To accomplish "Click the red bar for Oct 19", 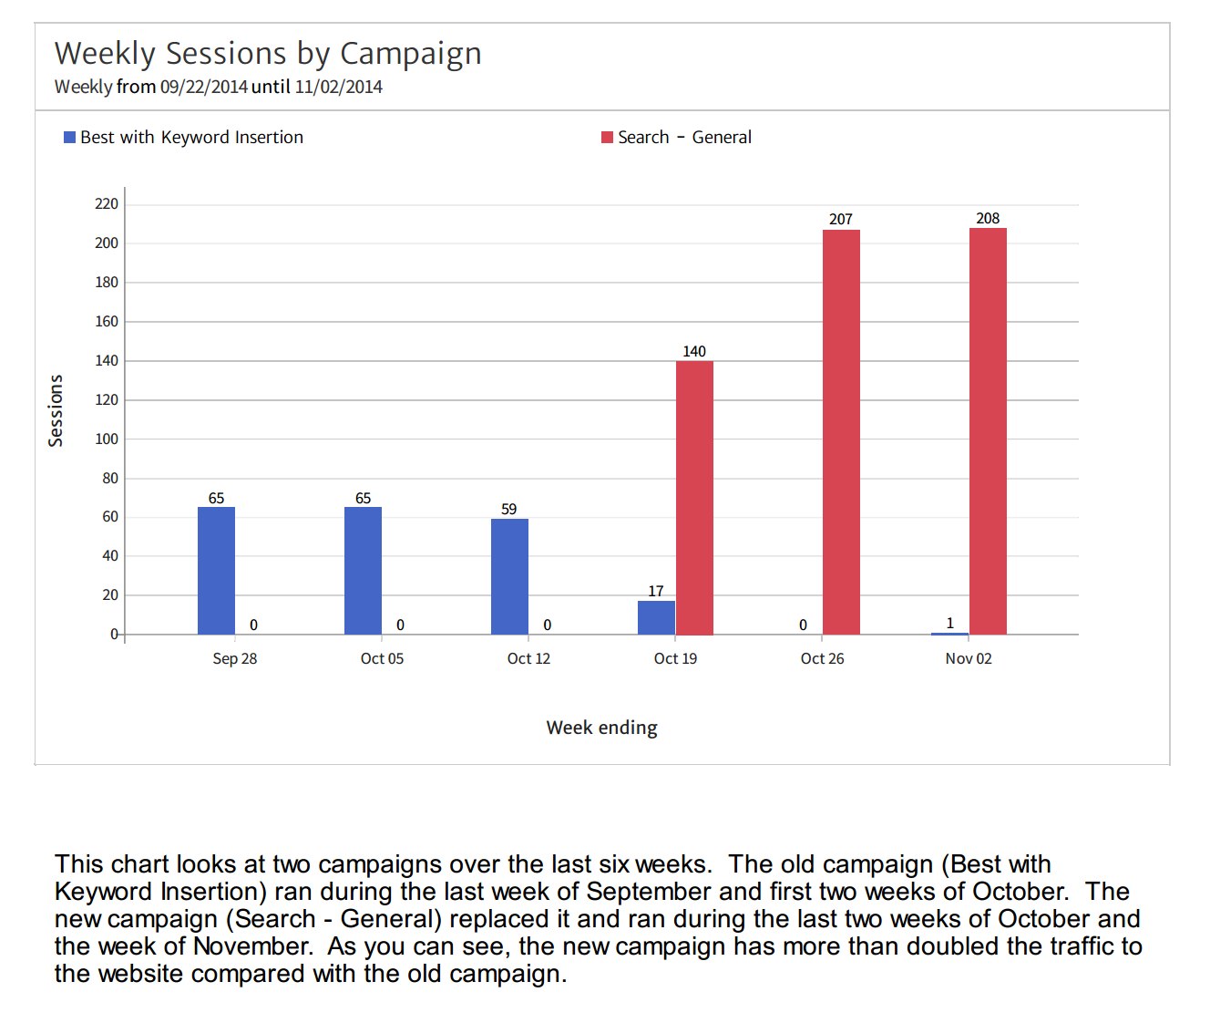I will (x=694, y=497).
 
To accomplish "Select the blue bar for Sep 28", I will (x=216, y=570).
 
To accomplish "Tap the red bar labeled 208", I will (x=988, y=430).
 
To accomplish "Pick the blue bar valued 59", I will (x=509, y=576).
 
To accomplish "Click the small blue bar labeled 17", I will (x=656, y=617).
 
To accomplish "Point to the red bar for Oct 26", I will (x=841, y=431).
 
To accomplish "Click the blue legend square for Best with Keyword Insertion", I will (x=69, y=138).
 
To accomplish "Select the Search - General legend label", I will (x=684, y=138).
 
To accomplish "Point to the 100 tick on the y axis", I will (x=107, y=439).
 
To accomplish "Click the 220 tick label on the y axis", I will (x=107, y=203).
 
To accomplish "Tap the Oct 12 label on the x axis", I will (x=528, y=658).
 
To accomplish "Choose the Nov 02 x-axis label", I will (x=969, y=658).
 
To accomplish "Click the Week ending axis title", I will (x=601, y=728).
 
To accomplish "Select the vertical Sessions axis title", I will (x=56, y=410).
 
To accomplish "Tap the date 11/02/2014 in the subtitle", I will (x=338, y=88).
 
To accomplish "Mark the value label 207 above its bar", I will (x=841, y=219).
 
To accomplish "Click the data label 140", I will (x=694, y=351).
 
